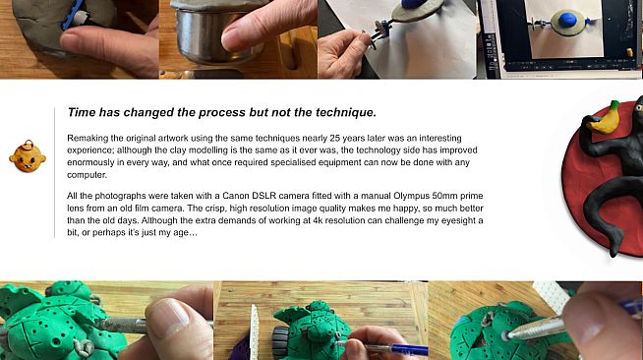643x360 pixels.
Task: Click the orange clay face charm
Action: coord(28,156)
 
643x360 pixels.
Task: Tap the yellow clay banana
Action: coord(603,118)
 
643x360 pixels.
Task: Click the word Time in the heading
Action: coord(82,112)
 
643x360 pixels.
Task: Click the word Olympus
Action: coord(411,196)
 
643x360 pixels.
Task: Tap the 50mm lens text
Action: coord(444,196)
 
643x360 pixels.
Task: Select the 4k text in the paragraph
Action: coord(319,220)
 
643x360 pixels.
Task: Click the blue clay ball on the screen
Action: coord(569,20)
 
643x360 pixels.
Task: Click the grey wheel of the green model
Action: coord(283,339)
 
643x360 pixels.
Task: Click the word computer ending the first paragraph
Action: coord(87,175)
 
